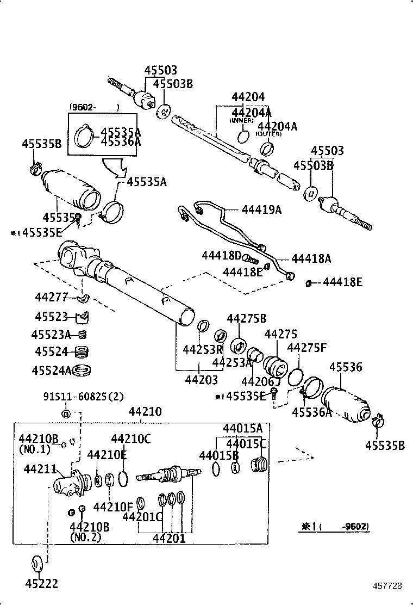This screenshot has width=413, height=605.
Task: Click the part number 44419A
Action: coord(261,209)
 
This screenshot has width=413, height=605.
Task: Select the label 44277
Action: coord(51,297)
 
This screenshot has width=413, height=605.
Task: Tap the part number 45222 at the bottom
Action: coord(41,584)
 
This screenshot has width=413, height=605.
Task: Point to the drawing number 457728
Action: coord(387,586)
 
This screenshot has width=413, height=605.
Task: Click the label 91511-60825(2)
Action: coord(84,397)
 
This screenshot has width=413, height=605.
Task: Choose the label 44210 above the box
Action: coord(145,412)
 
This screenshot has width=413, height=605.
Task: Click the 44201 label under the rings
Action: coord(168,539)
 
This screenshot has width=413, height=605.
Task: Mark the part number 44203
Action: coord(201,379)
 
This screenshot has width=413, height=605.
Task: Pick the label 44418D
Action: coord(221,255)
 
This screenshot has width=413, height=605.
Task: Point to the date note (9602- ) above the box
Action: coord(93,107)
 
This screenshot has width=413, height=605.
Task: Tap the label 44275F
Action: coord(306,348)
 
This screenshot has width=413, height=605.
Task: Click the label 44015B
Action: coord(219,455)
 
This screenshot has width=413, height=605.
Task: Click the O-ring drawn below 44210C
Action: coord(123,478)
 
